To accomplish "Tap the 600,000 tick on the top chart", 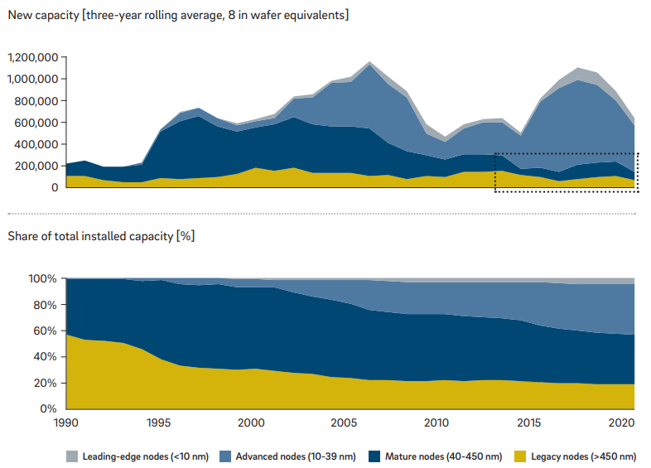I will [37, 123].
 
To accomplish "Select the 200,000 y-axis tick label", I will [37, 166].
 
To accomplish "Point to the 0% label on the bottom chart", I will [50, 409].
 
